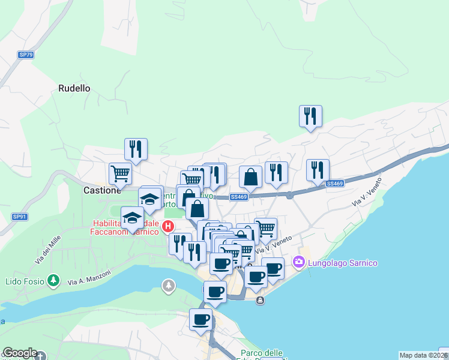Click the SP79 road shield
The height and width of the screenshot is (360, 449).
(x=26, y=55)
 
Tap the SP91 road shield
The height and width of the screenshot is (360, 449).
(x=20, y=217)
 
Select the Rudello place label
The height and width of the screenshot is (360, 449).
(x=74, y=88)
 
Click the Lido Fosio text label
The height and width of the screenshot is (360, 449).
(x=25, y=281)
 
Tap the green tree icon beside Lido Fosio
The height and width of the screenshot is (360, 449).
(x=54, y=280)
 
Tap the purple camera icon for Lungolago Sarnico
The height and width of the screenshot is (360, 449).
(x=298, y=262)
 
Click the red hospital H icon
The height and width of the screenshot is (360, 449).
(x=169, y=226)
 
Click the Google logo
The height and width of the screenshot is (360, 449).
(x=20, y=353)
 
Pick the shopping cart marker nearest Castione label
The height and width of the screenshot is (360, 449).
(x=120, y=173)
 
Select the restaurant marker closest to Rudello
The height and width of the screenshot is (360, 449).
(x=136, y=149)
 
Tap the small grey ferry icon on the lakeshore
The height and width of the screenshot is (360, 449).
(x=259, y=300)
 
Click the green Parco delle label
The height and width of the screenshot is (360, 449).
(x=262, y=353)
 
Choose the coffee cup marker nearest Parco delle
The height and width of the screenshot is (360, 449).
(x=200, y=319)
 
